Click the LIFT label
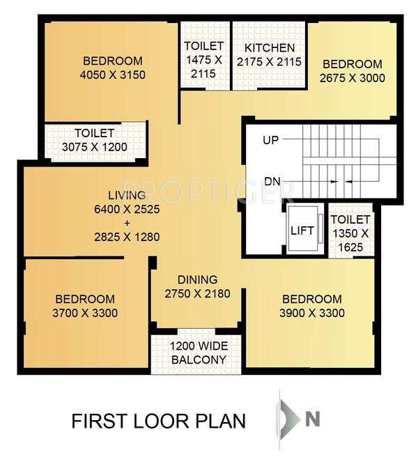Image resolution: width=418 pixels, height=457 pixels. [x=302, y=231]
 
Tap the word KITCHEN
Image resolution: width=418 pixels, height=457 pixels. [x=269, y=48]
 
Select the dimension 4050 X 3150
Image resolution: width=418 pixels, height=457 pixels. [x=112, y=75]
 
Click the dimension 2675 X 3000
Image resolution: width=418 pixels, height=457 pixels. [x=352, y=79]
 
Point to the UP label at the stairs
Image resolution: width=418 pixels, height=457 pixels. [x=271, y=141]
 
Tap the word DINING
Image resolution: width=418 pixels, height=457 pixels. [x=197, y=280]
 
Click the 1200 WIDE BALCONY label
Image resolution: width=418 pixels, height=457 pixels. [x=199, y=353]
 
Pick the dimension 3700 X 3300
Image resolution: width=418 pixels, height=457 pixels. [x=85, y=313]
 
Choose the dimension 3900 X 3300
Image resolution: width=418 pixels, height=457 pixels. [x=312, y=313]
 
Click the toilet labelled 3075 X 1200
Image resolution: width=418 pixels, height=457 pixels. [x=95, y=140]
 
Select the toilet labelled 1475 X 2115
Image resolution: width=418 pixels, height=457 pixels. [x=203, y=60]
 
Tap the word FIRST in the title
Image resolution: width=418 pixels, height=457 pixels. [x=98, y=421]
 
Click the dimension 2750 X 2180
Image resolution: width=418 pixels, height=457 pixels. [x=197, y=294]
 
